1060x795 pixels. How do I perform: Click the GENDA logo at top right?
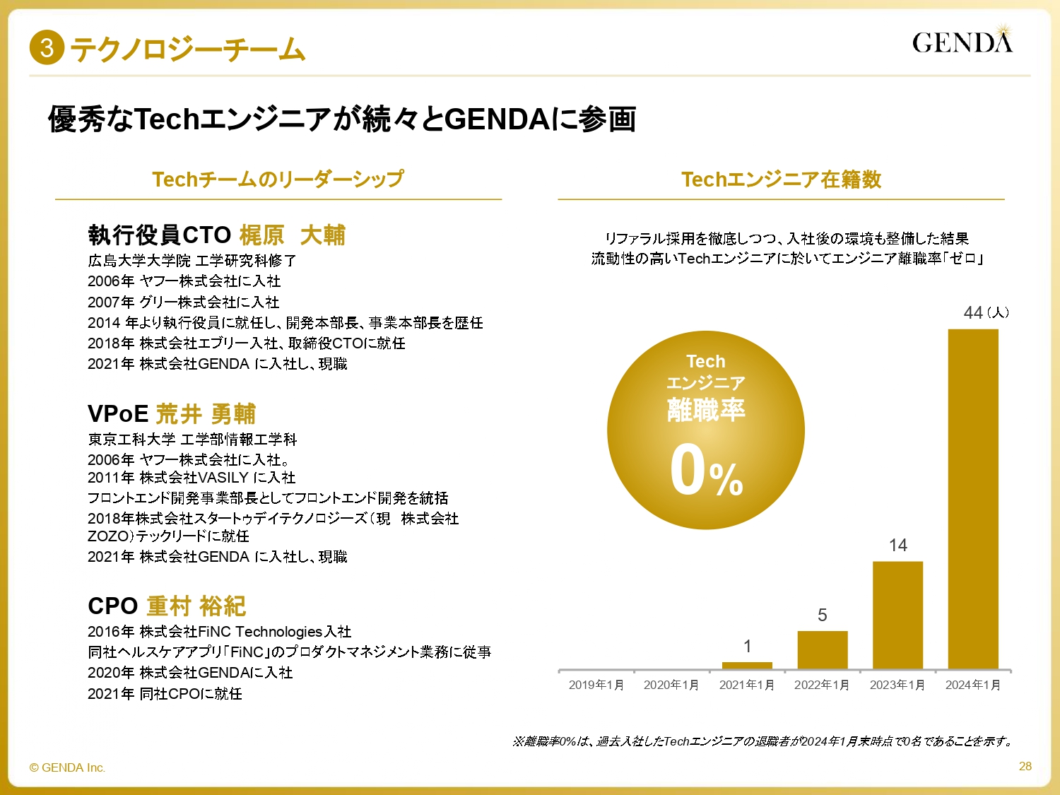[962, 42]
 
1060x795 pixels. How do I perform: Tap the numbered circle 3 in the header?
[47, 48]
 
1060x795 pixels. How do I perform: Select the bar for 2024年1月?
[973, 498]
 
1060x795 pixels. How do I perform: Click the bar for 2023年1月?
[897, 615]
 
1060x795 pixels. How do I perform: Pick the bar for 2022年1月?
[823, 649]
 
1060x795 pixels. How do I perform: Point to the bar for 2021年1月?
[747, 665]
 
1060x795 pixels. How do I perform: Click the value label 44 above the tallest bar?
[973, 312]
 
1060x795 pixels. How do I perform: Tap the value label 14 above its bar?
[897, 545]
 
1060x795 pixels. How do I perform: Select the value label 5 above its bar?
[822, 615]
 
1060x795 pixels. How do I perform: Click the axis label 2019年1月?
[596, 685]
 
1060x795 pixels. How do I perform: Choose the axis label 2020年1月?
[671, 685]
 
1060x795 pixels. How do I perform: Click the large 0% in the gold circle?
[705, 471]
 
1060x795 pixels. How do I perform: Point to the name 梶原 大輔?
[292, 235]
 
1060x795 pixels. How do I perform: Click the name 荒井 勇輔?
[205, 413]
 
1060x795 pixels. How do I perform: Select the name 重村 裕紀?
[196, 606]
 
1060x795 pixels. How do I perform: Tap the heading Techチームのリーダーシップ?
[278, 179]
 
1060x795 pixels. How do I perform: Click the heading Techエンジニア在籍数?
[781, 179]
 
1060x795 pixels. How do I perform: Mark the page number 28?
[1025, 766]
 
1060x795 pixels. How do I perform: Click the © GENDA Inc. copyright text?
[67, 767]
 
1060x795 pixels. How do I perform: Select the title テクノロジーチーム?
[187, 49]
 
